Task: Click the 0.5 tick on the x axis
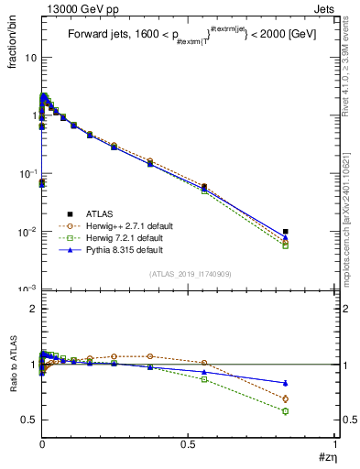(188, 444)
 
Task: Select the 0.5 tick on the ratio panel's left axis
(29, 420)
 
